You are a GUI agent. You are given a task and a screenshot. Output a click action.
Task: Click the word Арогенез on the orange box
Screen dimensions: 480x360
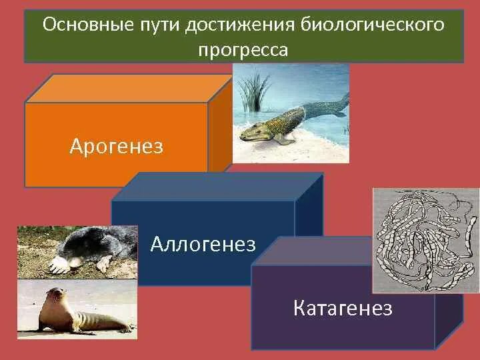coord(116,146)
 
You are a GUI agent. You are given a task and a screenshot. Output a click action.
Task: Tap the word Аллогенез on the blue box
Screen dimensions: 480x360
coord(203,244)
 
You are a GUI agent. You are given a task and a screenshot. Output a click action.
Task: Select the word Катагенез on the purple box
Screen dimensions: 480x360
coord(343,307)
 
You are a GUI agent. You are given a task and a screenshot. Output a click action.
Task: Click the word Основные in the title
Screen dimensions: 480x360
coord(88,25)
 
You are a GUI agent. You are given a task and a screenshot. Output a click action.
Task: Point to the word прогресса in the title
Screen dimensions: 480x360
coord(243,49)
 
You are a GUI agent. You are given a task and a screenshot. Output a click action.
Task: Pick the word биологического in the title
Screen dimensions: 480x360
coord(372,25)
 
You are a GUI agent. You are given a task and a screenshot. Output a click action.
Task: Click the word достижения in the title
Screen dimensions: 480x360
coord(240,25)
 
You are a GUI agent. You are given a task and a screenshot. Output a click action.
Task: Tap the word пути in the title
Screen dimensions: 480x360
coord(159,25)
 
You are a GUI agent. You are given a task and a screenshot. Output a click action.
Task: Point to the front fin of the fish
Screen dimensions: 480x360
coord(283,139)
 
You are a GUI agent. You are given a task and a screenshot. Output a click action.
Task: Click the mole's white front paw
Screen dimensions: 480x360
coord(59,265)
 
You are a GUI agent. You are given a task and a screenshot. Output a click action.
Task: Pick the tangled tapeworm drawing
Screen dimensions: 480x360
coord(426,240)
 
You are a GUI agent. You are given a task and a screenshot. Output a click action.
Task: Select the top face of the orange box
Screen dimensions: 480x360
coord(129,89)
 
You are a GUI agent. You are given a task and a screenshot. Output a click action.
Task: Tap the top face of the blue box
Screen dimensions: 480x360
coord(217,187)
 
